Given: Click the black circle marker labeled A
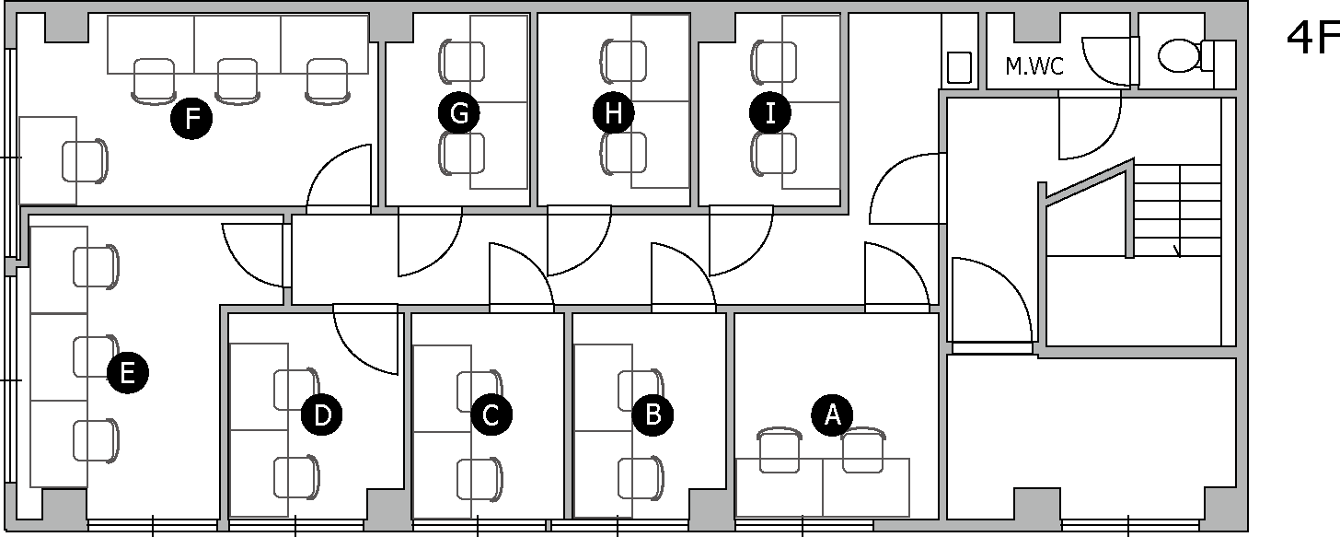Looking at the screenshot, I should (832, 414).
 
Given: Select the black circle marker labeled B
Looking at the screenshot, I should (653, 414).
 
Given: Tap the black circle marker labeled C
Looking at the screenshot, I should (491, 414).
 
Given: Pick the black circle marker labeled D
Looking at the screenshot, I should (322, 414).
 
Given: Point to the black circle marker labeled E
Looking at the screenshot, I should (127, 372).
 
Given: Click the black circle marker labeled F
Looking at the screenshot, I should (191, 119).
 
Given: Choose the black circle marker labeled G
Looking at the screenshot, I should (459, 113).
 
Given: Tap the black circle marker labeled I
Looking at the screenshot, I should (770, 113).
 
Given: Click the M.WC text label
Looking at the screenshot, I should (1034, 66).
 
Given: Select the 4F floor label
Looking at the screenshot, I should (1311, 40).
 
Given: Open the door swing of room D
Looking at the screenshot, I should (364, 341).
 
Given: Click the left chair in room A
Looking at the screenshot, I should (779, 451).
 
